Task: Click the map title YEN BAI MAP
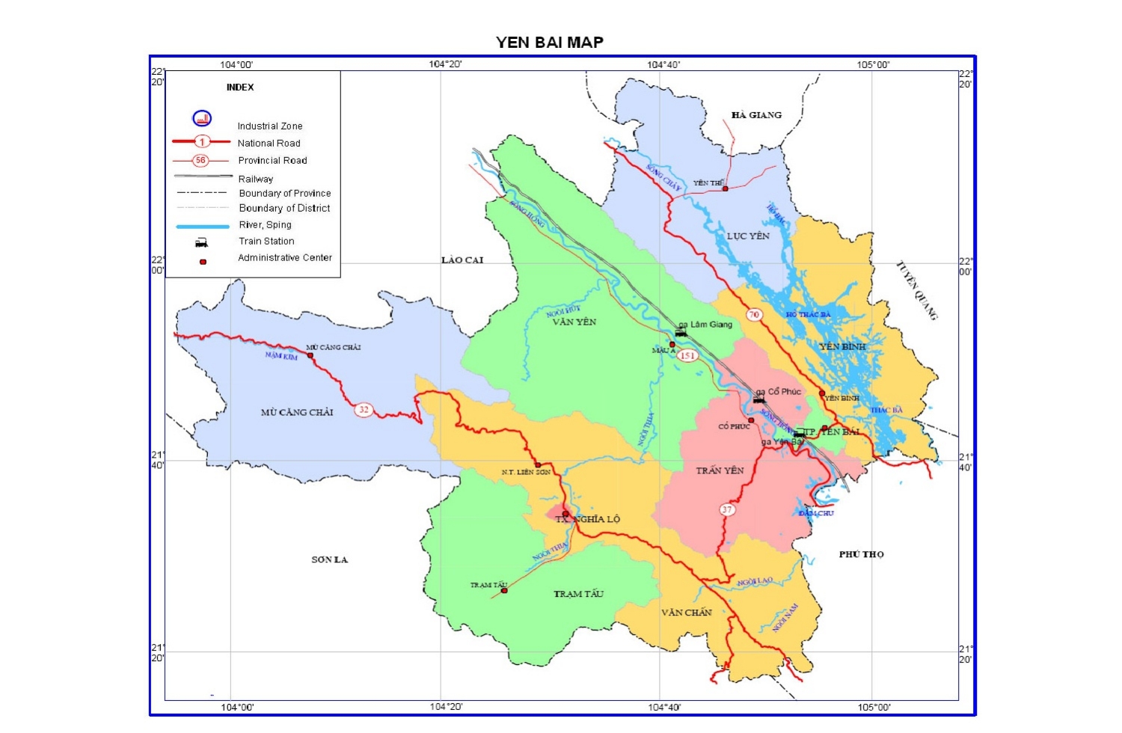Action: coord(549,43)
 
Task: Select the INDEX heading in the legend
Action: coord(240,88)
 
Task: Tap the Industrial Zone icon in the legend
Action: coord(202,118)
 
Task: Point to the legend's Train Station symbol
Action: coord(201,242)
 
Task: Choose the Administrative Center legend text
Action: coord(284,258)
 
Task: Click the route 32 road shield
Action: coord(364,409)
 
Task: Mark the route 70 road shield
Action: coord(754,315)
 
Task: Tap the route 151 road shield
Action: coord(687,356)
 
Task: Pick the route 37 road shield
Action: coord(727,510)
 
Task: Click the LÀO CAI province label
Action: coord(462,260)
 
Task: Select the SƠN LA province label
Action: coord(330,559)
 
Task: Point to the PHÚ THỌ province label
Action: coord(861,554)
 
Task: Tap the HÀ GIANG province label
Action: coord(756,115)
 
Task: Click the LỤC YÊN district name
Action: coord(748,236)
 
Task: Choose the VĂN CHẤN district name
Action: coord(686,613)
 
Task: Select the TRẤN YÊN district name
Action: coord(720,470)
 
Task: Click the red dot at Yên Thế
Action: coord(725,188)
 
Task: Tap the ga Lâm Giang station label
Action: coord(711,325)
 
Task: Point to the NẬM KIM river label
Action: coord(281,356)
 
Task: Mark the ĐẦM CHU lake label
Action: coord(815,514)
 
